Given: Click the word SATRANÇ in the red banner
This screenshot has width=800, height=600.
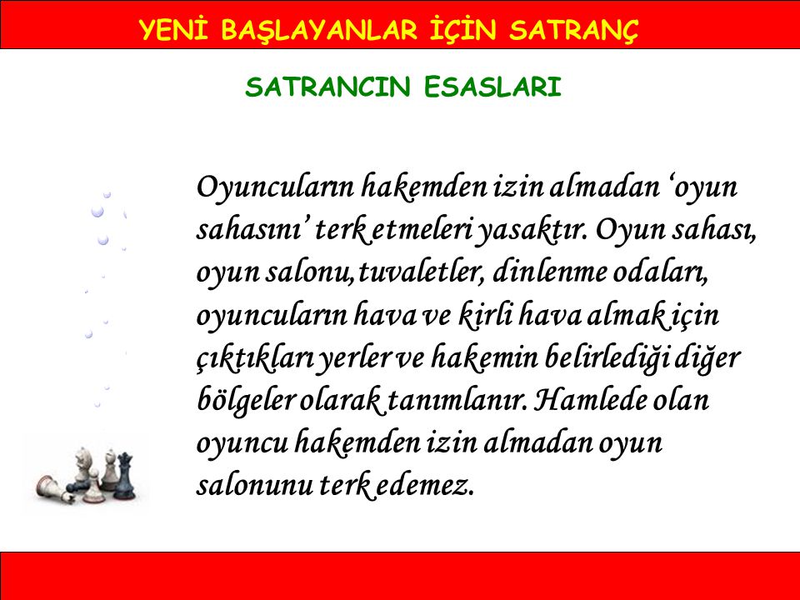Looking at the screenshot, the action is click(x=573, y=31).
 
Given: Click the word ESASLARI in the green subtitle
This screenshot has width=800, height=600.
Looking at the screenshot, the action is click(x=492, y=87).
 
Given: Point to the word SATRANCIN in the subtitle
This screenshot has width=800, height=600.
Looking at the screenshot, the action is click(x=327, y=87).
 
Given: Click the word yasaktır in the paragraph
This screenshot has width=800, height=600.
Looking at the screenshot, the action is click(x=531, y=231).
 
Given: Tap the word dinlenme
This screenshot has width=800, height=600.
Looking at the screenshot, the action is click(x=548, y=272).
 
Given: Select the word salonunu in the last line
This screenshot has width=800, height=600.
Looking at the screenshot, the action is click(x=255, y=486).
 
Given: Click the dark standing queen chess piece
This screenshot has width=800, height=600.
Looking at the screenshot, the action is click(x=124, y=476).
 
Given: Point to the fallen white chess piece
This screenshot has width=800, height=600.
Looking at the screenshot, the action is click(x=53, y=487).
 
